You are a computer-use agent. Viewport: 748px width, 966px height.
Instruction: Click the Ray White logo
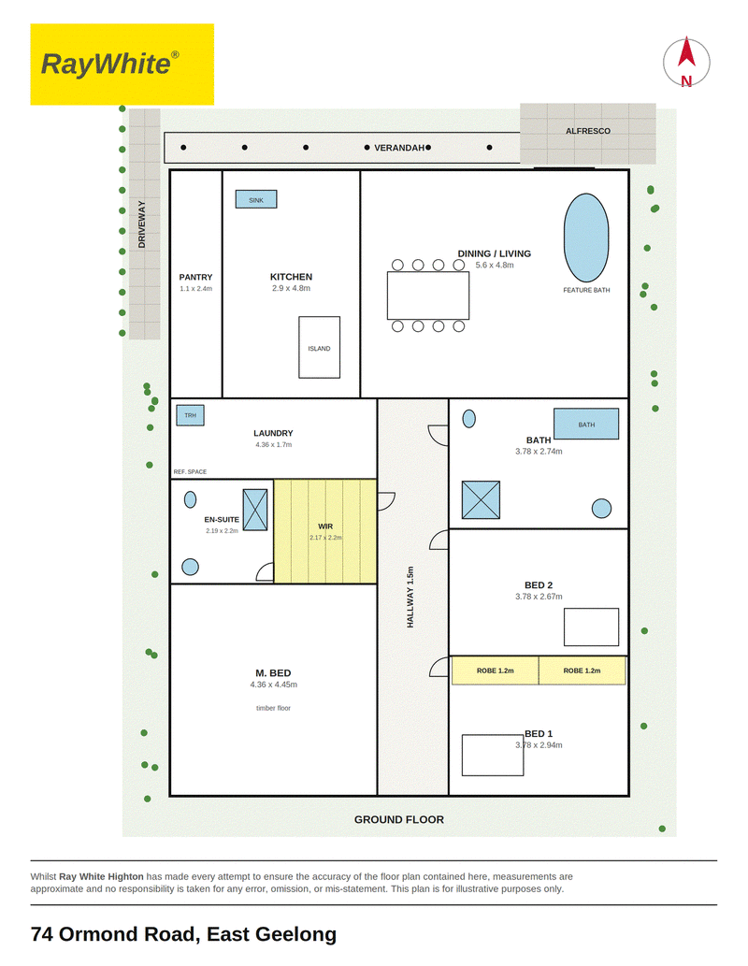coord(122,65)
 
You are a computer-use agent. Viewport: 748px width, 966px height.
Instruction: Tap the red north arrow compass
coord(686,63)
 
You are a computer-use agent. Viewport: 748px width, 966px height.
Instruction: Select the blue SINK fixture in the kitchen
coord(256,199)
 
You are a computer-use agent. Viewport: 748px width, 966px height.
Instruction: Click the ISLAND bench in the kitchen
coord(319,348)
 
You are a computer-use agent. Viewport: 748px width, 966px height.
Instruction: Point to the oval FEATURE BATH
coord(586,238)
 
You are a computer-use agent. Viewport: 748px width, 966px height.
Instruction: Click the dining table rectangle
coord(428,296)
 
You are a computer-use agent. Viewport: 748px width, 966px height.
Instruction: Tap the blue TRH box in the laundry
coord(191,415)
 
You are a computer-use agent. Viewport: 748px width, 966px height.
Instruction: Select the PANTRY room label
coord(196,277)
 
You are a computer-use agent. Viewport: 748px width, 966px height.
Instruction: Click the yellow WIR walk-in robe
coord(325,531)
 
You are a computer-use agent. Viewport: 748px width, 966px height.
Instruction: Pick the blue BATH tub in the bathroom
coord(586,424)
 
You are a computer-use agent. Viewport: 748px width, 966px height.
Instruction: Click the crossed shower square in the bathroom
coord(481,499)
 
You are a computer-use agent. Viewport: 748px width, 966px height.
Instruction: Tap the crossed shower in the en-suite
coord(255,510)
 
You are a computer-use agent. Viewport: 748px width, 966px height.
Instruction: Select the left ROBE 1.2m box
coord(496,670)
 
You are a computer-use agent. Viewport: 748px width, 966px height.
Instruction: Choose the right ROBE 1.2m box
coord(583,670)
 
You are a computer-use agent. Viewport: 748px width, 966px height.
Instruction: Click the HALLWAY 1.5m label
coord(410,597)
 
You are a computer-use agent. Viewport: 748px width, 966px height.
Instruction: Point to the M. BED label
coord(273,672)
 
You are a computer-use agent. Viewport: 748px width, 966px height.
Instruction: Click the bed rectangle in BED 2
coord(592,627)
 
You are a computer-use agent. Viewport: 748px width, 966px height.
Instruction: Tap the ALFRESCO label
coord(588,131)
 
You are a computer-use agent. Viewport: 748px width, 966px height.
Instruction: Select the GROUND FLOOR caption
coord(398,819)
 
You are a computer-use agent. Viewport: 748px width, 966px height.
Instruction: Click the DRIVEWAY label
coord(142,224)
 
